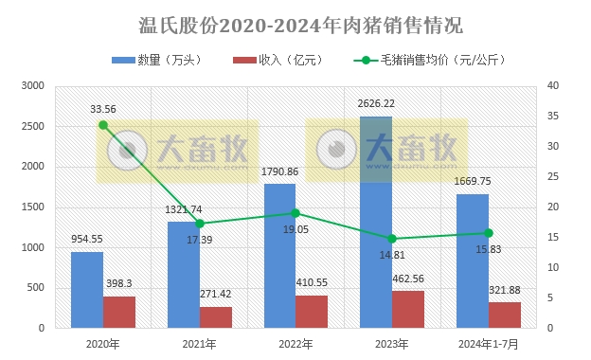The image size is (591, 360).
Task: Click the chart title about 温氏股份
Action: click(x=295, y=24)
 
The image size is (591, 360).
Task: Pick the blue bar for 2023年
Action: click(x=376, y=222)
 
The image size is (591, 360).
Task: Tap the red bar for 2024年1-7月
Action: click(x=504, y=315)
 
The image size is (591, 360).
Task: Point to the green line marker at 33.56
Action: click(x=103, y=125)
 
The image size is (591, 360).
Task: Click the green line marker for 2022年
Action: click(x=295, y=213)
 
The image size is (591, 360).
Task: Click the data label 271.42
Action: click(x=216, y=295)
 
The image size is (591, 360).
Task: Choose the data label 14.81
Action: click(x=376, y=255)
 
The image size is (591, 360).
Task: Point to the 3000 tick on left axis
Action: click(x=33, y=86)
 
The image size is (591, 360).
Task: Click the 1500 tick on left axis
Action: click(x=33, y=207)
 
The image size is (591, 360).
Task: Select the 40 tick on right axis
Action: click(x=553, y=86)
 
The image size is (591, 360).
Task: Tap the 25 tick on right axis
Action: click(x=553, y=177)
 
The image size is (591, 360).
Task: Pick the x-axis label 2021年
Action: click(x=199, y=343)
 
